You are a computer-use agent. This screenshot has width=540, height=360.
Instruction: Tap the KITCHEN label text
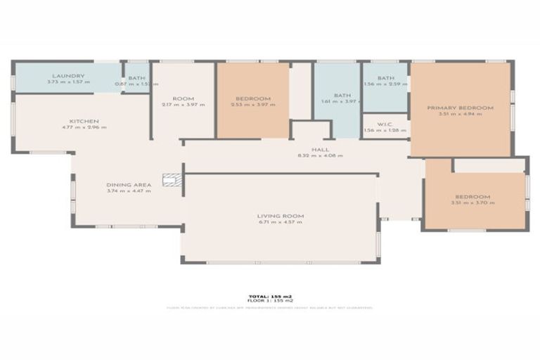tap(84, 121)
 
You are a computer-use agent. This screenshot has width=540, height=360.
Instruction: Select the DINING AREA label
tap(129, 184)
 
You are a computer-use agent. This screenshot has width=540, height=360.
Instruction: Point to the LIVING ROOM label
tap(280, 215)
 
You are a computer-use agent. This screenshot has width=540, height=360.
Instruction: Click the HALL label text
tap(321, 149)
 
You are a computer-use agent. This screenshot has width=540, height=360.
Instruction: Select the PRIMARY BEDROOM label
tap(461, 108)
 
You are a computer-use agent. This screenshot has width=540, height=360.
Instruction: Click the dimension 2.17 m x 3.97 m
tap(183, 105)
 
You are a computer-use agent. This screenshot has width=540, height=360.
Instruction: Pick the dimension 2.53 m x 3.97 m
tap(253, 105)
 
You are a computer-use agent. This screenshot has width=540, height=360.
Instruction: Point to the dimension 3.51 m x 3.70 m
tap(472, 203)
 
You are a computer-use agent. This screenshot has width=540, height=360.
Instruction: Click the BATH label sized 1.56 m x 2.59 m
tap(385, 78)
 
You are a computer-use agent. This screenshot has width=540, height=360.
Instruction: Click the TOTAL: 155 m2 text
tap(269, 296)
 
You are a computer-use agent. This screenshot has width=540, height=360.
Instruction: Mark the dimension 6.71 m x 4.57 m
tap(280, 222)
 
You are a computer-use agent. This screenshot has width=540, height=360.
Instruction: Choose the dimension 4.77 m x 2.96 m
tap(84, 127)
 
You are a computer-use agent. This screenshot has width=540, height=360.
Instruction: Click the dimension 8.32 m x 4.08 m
tap(321, 155)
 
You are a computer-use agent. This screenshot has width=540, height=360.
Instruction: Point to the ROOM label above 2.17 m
tap(183, 98)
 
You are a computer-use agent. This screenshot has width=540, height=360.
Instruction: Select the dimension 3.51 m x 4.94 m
tap(461, 115)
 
